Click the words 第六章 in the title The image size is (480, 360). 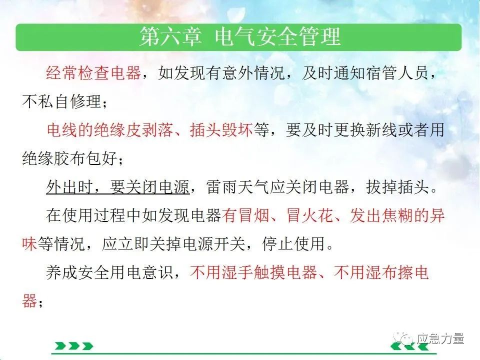coord(170,36)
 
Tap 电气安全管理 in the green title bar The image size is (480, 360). coord(277,36)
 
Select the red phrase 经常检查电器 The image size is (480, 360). coord(93,73)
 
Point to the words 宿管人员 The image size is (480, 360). coord(396,73)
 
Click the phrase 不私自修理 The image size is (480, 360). coord(61,101)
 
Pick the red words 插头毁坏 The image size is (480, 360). coord(221,130)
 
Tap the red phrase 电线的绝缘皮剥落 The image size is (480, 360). coord(110,130)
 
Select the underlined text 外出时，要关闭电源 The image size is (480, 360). coord(118,186)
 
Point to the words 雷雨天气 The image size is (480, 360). coord(237,186)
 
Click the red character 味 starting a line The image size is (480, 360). coord(29,243)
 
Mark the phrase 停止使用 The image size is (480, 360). coord(293,243)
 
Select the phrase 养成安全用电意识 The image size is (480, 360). coord(110,272)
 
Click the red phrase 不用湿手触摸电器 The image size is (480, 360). coord(253,272)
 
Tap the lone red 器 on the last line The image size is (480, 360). coord(29,300)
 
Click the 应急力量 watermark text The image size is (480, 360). coord(440,339)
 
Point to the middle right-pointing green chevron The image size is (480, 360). coord(74,346)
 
